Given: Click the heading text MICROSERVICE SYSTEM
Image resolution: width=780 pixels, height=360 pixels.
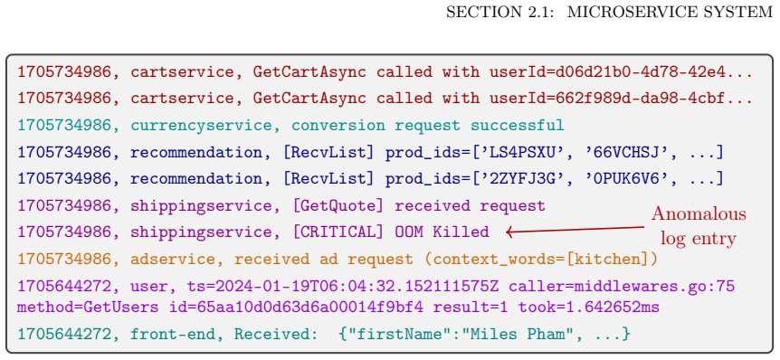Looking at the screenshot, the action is pyautogui.click(x=671, y=12).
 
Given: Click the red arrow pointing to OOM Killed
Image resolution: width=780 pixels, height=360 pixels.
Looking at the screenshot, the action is pyautogui.click(x=575, y=229).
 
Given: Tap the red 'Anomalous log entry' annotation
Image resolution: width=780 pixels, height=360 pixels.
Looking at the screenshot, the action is pyautogui.click(x=699, y=226).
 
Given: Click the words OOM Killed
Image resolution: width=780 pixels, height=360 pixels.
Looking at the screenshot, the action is pyautogui.click(x=442, y=232).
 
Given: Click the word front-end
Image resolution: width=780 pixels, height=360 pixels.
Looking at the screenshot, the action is pyautogui.click(x=173, y=334).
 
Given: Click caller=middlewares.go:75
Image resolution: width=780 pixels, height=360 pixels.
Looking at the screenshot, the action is pyautogui.click(x=622, y=287).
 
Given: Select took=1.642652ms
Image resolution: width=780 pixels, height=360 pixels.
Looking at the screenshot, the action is pyautogui.click(x=589, y=308).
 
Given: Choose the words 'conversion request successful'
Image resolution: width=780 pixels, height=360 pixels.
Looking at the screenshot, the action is pyautogui.click(x=428, y=126).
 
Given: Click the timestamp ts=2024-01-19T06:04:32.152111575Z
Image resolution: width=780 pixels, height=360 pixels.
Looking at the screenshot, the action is pyautogui.click(x=343, y=287).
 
